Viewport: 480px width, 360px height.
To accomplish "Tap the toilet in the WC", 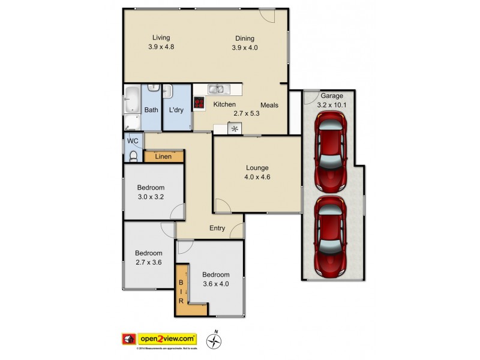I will click(133, 157).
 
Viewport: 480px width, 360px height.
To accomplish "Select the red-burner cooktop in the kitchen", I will click(199, 104).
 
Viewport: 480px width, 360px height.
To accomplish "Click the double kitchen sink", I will click(217, 89).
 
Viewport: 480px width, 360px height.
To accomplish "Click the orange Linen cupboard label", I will click(163, 157).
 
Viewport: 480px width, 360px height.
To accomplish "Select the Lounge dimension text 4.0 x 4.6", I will click(256, 177).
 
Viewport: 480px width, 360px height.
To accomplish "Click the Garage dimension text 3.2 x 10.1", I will click(331, 105).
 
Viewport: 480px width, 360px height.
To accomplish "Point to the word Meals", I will click(269, 105).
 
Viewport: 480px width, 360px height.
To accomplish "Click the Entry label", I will click(217, 228).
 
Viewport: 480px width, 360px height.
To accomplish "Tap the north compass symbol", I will click(214, 341).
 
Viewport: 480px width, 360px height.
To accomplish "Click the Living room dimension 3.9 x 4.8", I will click(161, 47).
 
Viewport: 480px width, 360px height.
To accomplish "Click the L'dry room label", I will click(176, 110).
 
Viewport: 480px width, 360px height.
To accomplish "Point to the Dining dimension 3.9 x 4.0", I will click(245, 47).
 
